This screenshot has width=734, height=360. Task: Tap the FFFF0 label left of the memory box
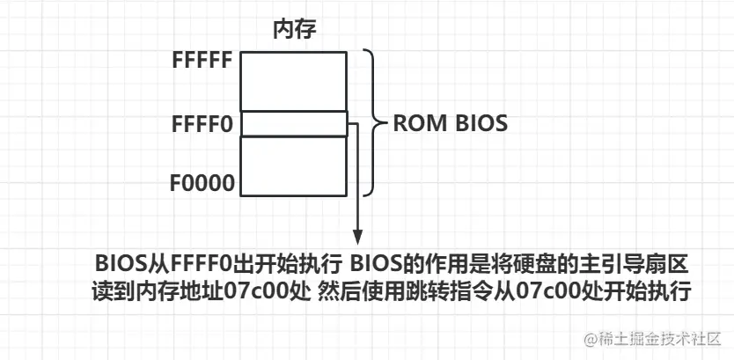tap(202, 124)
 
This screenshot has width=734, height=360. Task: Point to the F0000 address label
tap(202, 184)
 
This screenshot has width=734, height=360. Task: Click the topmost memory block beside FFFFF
tap(294, 80)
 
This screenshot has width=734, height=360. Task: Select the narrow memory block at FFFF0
tap(294, 124)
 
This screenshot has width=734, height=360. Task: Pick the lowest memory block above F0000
tap(294, 167)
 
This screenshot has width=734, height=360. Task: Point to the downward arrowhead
tap(357, 237)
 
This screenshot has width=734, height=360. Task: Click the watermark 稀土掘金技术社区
tap(653, 339)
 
